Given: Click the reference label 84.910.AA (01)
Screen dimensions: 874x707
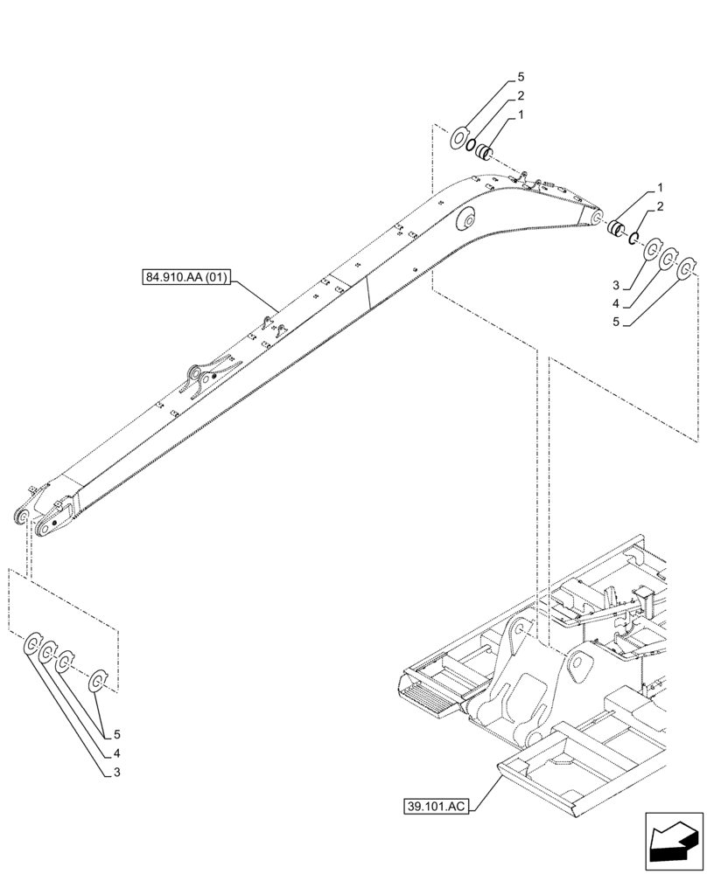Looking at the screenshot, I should [185, 279].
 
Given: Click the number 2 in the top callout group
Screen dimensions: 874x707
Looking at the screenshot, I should [520, 96].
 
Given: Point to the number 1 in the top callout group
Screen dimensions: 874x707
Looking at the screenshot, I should [520, 114].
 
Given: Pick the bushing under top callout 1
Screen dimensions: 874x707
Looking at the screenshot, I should [484, 155].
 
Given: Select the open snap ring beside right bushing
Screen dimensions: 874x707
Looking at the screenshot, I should [632, 237].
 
